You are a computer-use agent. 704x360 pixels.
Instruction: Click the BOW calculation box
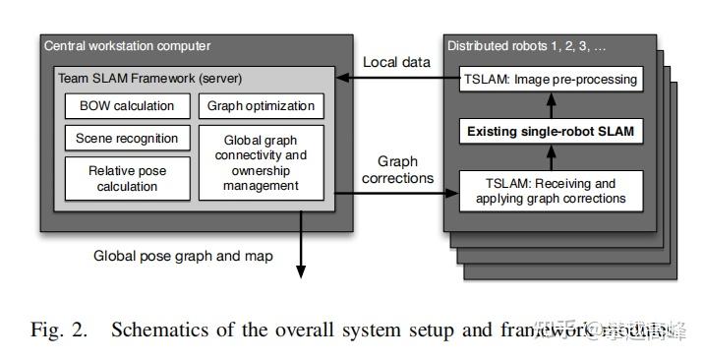click(x=125, y=105)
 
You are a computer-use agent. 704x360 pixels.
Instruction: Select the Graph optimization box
click(x=262, y=105)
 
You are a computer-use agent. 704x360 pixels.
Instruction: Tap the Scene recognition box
click(x=125, y=139)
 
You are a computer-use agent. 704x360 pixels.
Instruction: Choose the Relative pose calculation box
click(x=125, y=178)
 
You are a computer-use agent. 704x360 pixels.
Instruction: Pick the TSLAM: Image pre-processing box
click(x=552, y=79)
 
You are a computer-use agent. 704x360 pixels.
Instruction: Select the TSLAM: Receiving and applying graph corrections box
click(x=552, y=190)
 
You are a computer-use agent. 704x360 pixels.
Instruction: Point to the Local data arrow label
click(x=396, y=62)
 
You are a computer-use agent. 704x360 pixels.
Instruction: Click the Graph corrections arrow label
click(x=397, y=170)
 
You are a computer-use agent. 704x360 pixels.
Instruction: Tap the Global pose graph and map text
click(x=183, y=255)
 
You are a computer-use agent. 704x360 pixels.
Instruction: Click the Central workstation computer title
click(x=127, y=45)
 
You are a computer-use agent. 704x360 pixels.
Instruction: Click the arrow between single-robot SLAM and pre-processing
click(x=552, y=104)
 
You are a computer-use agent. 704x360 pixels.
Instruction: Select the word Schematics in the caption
click(x=155, y=330)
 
